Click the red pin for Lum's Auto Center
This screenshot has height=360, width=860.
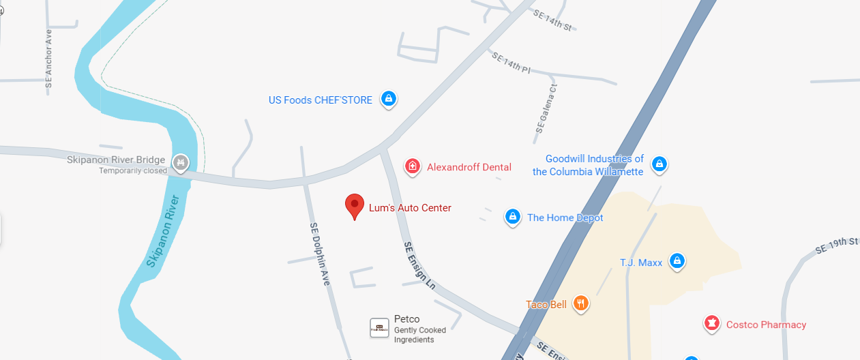pyautogui.click(x=354, y=205)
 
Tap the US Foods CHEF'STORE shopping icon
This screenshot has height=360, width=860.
pyautogui.click(x=388, y=99)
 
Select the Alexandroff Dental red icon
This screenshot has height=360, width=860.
pyautogui.click(x=412, y=166)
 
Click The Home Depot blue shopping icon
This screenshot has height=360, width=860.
pyautogui.click(x=513, y=217)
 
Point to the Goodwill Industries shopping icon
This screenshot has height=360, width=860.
pyautogui.click(x=659, y=164)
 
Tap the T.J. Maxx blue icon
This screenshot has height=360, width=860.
pyautogui.click(x=677, y=260)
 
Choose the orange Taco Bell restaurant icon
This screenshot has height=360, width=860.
pyautogui.click(x=580, y=303)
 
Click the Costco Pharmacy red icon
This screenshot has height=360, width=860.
pyautogui.click(x=711, y=323)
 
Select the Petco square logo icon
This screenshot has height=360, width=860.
pyautogui.click(x=379, y=327)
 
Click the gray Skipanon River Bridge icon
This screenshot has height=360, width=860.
pyautogui.click(x=181, y=162)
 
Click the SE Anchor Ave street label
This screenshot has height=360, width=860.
pyautogui.click(x=48, y=59)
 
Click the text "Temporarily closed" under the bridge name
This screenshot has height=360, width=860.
pyautogui.click(x=133, y=171)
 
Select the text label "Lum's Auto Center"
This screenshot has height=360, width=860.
pyautogui.click(x=410, y=208)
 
